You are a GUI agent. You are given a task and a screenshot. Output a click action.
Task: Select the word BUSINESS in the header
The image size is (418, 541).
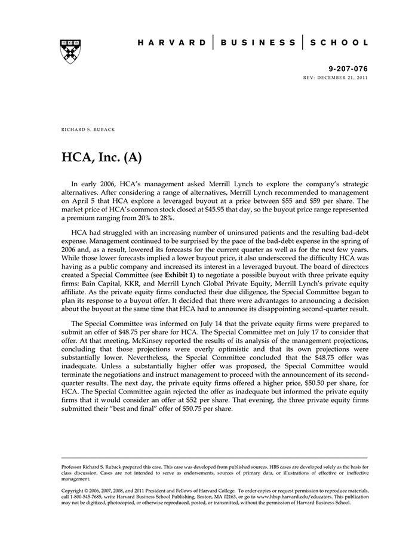[258, 43]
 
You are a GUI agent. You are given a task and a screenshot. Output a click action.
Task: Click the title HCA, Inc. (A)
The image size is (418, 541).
[102, 157]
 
